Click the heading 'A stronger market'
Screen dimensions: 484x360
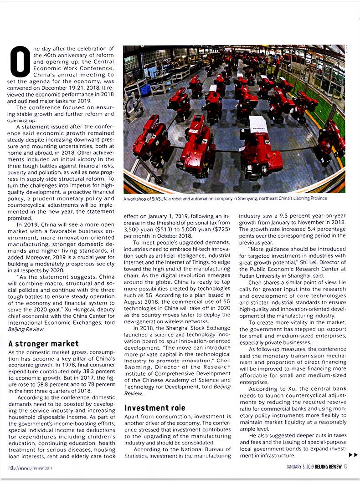pos(44,344)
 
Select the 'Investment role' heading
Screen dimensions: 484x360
pos(155,408)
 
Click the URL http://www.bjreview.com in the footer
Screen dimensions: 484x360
pos(30,467)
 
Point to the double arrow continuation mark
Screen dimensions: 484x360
pos(353,454)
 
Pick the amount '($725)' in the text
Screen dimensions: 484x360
pos(220,230)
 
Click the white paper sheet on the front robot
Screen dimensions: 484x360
pos(258,124)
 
